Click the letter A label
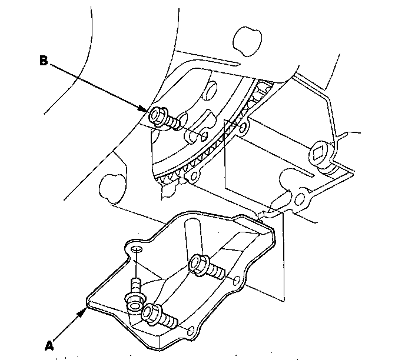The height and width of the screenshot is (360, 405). click(x=49, y=345)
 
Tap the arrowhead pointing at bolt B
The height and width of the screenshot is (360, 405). click(x=147, y=109)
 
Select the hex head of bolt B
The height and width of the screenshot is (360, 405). click(x=157, y=115)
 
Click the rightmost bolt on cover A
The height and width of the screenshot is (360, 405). click(x=202, y=266)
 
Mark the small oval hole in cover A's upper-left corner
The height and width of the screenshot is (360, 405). click(x=136, y=250)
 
